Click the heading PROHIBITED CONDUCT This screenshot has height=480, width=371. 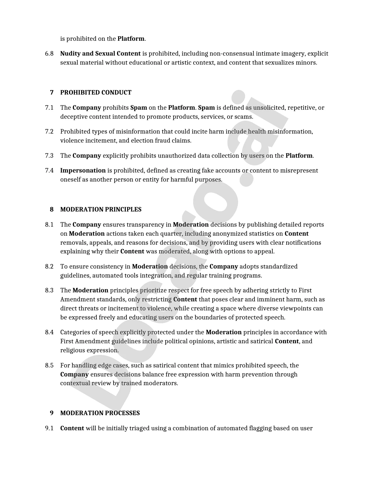click(96, 93)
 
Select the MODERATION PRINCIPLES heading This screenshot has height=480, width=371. click(101, 209)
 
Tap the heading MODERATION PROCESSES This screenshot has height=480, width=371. click(100, 413)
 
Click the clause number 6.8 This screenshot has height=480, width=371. click(49, 54)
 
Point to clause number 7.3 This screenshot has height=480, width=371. click(49, 156)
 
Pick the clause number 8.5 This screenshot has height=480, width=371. click(49, 365)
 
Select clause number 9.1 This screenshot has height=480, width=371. click(49, 428)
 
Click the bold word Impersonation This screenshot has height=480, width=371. click(83, 170)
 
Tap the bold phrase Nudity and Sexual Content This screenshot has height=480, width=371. click(100, 54)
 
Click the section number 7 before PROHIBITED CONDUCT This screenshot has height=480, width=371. click(52, 93)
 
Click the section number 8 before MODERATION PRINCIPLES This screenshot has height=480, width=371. click(52, 209)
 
